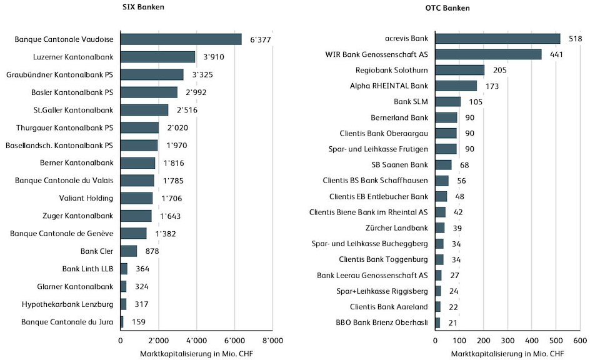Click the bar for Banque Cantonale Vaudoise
(x=181, y=39)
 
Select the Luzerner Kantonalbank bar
(x=157, y=57)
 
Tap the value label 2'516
(x=187, y=110)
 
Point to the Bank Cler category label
(x=97, y=251)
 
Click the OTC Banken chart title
(x=452, y=8)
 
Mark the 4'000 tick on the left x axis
(x=196, y=341)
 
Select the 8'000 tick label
(x=272, y=341)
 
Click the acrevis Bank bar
(x=497, y=39)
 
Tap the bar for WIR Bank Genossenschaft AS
(x=488, y=54)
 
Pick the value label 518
(x=576, y=39)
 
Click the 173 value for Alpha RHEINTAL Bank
(x=492, y=86)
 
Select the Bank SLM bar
(x=448, y=101)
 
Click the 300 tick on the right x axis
(x=507, y=341)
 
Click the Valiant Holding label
(x=91, y=198)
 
